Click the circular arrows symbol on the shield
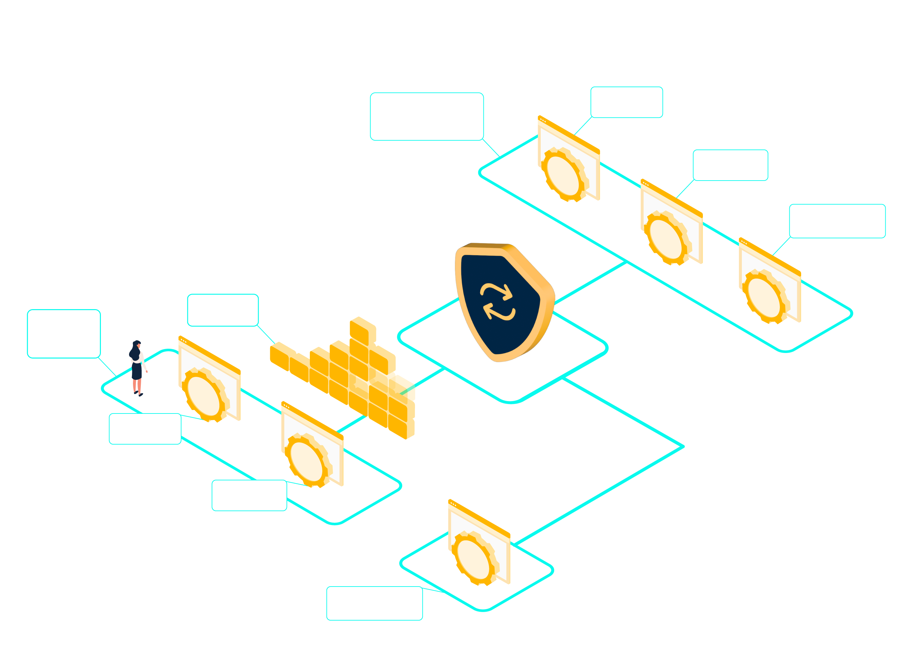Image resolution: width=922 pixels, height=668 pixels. pos(498,302)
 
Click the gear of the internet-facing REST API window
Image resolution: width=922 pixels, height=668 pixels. pos(564,176)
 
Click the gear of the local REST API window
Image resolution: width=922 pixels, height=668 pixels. pos(205,396)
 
